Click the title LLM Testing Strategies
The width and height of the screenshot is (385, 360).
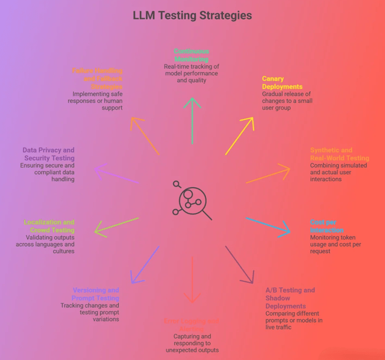point(193,15)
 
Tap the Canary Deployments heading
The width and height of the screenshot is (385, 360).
point(282,83)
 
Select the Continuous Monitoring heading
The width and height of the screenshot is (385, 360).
point(191,55)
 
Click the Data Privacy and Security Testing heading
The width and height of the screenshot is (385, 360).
point(48,154)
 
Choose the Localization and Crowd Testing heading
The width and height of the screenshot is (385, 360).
point(50,226)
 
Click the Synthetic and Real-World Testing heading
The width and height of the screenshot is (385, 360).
point(339,154)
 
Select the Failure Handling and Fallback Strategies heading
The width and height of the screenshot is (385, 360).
point(97,79)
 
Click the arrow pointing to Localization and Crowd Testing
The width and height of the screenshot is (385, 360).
point(116,226)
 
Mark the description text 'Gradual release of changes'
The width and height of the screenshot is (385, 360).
point(286,101)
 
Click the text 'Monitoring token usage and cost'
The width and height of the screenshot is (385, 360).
point(335,244)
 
